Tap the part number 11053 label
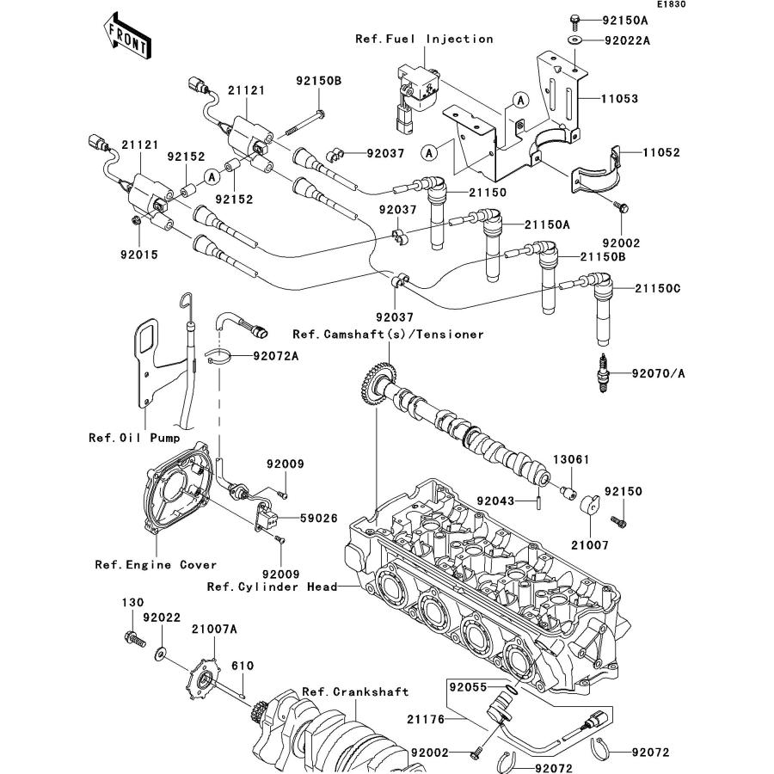[618, 99]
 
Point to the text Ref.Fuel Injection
[424, 39]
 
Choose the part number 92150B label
[319, 81]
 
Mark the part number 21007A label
[212, 630]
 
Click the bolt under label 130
[132, 637]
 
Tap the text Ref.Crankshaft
[355, 691]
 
